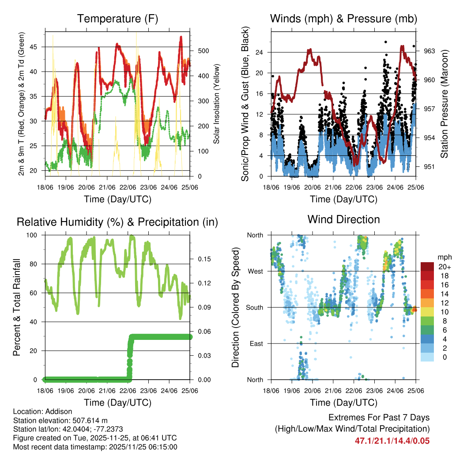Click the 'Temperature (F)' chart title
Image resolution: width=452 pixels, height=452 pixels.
point(117,19)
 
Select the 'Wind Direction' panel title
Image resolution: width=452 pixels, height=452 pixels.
point(343,219)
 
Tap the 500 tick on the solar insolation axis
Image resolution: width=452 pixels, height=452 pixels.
point(203,51)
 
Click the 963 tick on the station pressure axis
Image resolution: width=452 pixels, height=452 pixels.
point(429,51)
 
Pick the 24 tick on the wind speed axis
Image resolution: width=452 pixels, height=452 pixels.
point(260,52)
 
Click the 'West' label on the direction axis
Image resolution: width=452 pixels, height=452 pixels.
point(255,271)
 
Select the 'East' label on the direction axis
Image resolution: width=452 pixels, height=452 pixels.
point(256,343)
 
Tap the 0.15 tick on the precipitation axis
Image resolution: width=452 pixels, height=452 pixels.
point(204,259)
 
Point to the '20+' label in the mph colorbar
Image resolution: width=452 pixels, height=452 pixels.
point(444,267)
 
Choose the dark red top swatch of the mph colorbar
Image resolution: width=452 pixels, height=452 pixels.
point(427,266)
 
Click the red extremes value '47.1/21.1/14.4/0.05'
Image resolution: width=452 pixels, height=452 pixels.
point(392,441)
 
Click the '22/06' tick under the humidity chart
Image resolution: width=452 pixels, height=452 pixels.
point(128,391)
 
